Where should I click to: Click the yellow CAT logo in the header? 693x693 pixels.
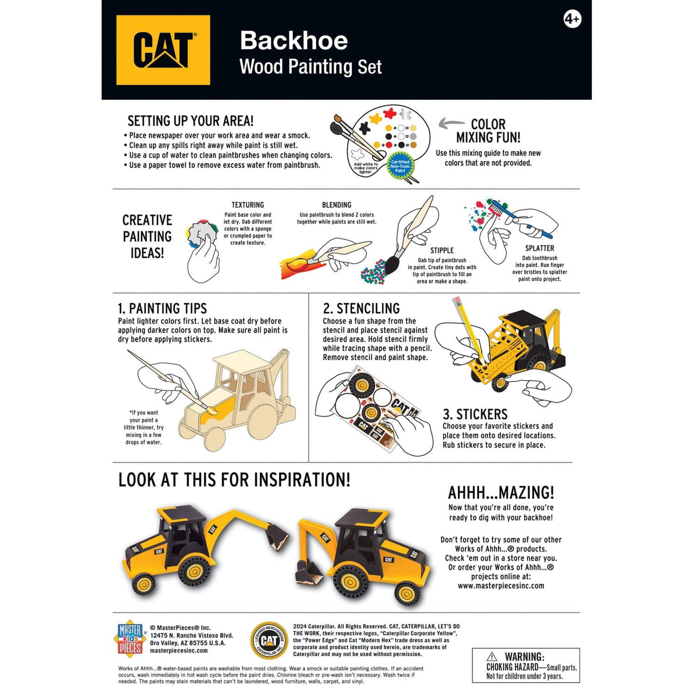(163, 50)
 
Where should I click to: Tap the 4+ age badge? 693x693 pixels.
(572, 19)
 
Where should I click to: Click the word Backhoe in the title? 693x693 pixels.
(294, 41)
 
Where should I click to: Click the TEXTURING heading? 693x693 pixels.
(248, 205)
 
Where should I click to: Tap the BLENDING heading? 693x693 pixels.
(336, 205)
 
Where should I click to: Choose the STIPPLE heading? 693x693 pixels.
(442, 251)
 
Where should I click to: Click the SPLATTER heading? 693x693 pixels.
(539, 248)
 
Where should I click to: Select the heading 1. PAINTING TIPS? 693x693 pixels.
(162, 309)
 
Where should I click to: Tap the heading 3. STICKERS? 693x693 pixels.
(475, 414)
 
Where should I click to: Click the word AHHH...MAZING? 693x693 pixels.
(501, 493)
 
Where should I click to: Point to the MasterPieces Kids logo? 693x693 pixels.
(130, 638)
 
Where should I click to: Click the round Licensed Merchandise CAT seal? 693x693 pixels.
(269, 640)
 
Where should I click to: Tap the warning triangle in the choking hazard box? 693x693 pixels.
(492, 657)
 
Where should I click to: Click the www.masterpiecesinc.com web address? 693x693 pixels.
(501, 586)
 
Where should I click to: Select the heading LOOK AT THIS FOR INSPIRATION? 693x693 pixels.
(234, 480)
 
